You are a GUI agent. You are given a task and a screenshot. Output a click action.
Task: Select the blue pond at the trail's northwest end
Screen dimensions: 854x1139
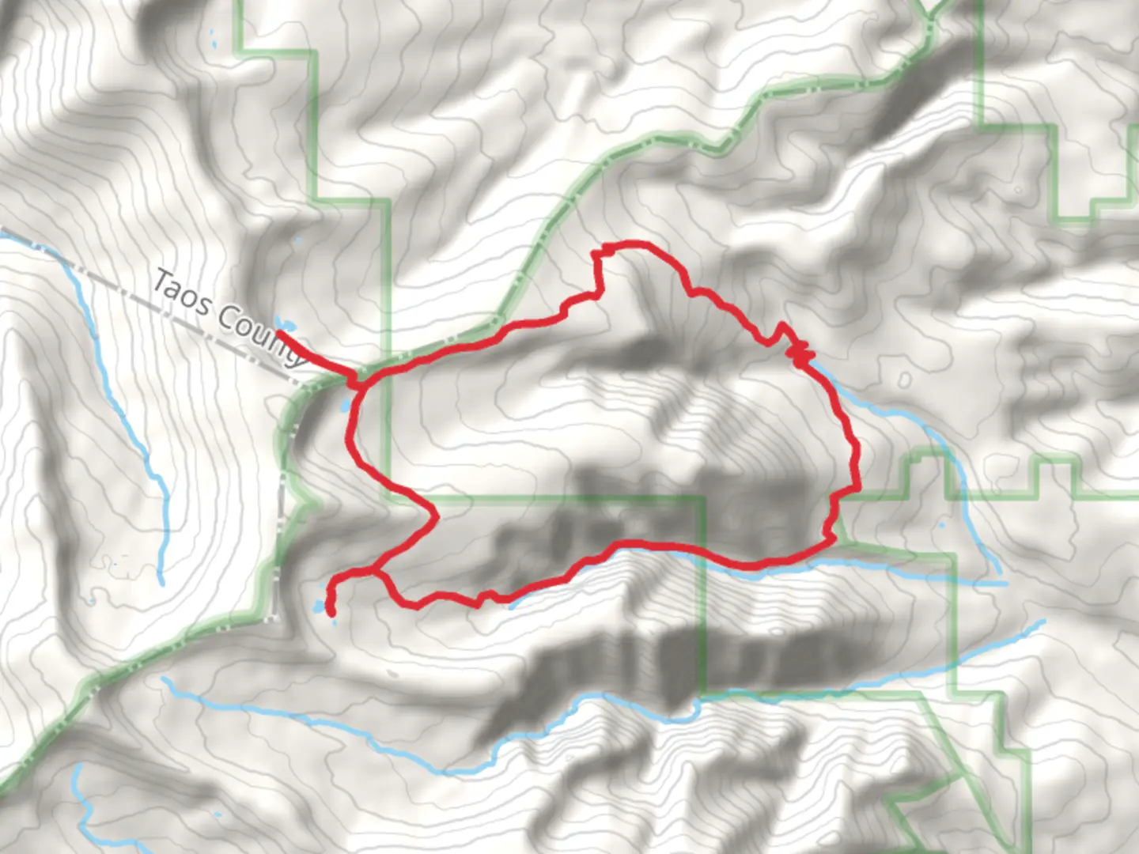point(285,324)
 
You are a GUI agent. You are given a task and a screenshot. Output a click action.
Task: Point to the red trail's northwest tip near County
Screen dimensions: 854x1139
point(278,333)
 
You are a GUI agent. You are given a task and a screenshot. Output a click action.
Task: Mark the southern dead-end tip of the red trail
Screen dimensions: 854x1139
point(331,614)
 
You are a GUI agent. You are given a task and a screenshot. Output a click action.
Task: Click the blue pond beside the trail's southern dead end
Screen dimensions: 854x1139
point(320,606)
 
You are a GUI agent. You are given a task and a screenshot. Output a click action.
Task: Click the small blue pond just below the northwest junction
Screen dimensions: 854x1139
point(345,406)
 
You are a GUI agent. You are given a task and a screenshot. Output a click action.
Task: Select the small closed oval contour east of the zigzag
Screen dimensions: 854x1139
point(904,381)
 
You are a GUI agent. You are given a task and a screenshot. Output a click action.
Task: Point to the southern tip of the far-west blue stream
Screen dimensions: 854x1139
point(161,582)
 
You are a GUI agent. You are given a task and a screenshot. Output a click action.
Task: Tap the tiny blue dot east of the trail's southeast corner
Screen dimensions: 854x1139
point(942,525)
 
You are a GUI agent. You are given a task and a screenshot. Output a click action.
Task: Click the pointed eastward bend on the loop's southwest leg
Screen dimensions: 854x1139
point(436,517)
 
